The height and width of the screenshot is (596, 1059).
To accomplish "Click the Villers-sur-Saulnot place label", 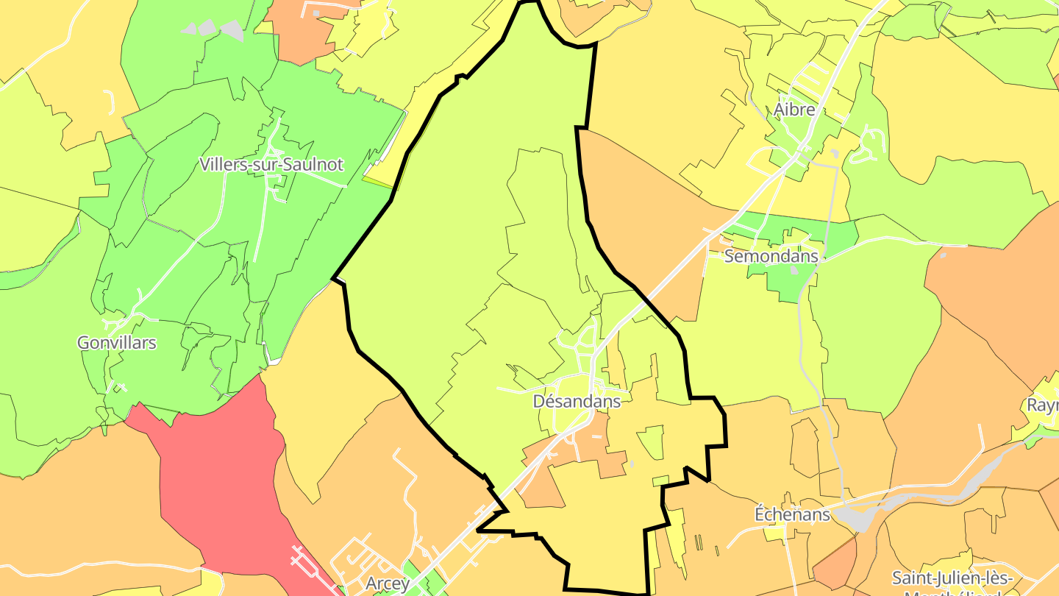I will (x=271, y=164).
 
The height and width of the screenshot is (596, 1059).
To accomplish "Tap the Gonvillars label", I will (x=117, y=343).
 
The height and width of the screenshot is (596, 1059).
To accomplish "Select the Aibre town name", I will (x=794, y=110).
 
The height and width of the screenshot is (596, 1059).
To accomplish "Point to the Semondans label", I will (x=771, y=256).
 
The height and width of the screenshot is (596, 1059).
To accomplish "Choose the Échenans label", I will (x=792, y=514).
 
